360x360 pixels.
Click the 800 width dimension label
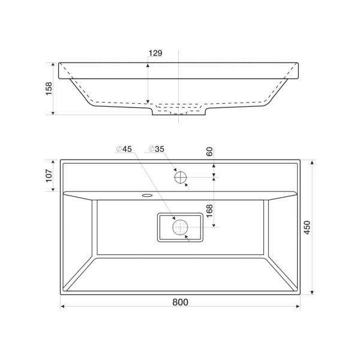(x=180, y=302)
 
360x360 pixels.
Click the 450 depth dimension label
(x=307, y=227)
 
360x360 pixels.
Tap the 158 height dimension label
(x=49, y=89)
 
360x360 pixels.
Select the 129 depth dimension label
(x=155, y=53)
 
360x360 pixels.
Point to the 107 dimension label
(x=49, y=176)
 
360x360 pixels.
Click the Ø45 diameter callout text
(x=124, y=149)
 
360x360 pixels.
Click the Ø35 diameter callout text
(x=157, y=149)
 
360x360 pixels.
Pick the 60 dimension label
(x=209, y=152)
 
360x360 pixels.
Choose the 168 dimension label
(x=209, y=211)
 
